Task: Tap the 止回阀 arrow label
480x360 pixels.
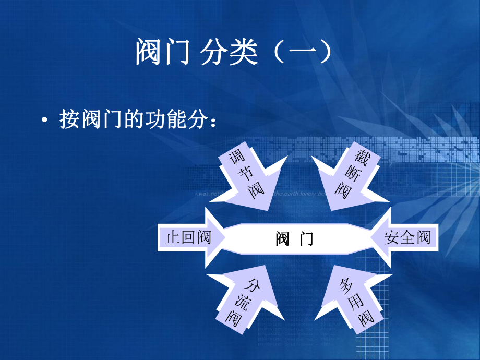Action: point(188,238)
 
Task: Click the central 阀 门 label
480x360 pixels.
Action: point(295,239)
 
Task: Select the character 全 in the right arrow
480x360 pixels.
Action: point(407,238)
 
